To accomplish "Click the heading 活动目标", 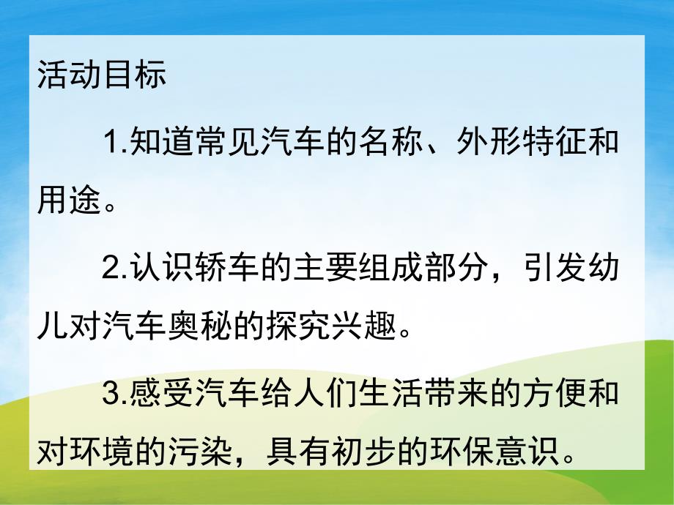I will tap(102, 76).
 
